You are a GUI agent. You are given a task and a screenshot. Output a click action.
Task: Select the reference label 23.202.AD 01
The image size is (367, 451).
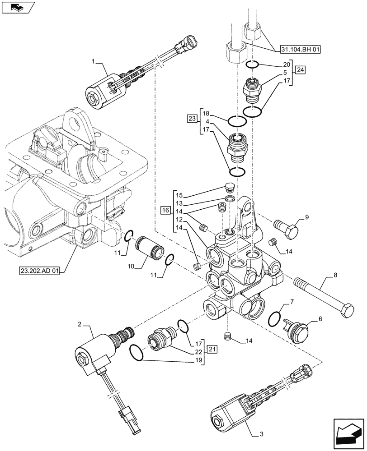pos(40,271)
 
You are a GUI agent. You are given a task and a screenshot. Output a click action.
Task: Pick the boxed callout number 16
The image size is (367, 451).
pos(165,211)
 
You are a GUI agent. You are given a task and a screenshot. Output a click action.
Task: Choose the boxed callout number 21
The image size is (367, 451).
pos(213,349)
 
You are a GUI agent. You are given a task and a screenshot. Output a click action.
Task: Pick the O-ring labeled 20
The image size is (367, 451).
pos(253,64)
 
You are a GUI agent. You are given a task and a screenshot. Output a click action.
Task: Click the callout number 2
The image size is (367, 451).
pos(80,324)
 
